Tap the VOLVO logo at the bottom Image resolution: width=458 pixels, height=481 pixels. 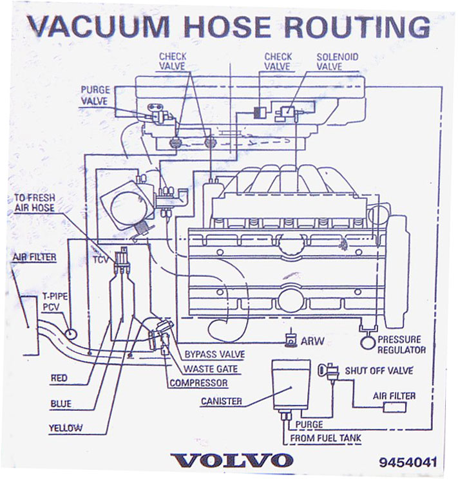pyautogui.click(x=233, y=460)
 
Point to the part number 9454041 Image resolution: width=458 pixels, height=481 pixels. pyautogui.click(x=408, y=462)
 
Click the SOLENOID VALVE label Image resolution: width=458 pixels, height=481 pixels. pyautogui.click(x=337, y=61)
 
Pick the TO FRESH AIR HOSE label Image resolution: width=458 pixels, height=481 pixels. pyautogui.click(x=34, y=203)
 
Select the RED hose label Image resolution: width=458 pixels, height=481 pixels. pyautogui.click(x=59, y=379)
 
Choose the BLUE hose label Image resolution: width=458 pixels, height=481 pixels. pyautogui.click(x=61, y=404)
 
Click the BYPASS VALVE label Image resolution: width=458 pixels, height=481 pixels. pyautogui.click(x=215, y=355)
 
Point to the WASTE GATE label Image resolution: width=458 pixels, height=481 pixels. pyautogui.click(x=210, y=369)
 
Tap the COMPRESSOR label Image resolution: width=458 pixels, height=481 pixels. pyautogui.click(x=198, y=383)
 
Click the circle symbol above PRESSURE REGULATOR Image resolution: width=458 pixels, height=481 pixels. pyautogui.click(x=368, y=341)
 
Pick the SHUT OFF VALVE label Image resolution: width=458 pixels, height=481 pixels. pyautogui.click(x=379, y=371)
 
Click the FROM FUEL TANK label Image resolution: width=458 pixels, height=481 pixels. pyautogui.click(x=325, y=439)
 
